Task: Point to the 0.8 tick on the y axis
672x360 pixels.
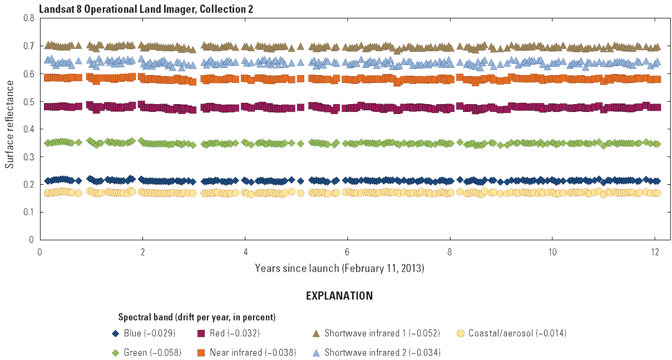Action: coord(30,18)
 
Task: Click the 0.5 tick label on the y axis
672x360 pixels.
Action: coord(30,101)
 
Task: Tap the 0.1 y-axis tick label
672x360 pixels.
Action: coord(30,212)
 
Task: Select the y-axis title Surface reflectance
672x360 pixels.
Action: coord(9,129)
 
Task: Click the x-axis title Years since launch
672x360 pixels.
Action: coord(339,269)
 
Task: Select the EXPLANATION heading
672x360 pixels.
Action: coord(339,296)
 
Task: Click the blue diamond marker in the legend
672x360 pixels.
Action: coord(116,334)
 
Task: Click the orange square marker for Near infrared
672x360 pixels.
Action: coord(201,353)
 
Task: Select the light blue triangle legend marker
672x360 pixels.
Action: coord(315,353)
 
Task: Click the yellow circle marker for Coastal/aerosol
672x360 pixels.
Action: coord(460,334)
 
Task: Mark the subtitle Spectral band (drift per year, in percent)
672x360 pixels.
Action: coord(197,318)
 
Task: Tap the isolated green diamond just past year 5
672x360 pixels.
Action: coord(300,144)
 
